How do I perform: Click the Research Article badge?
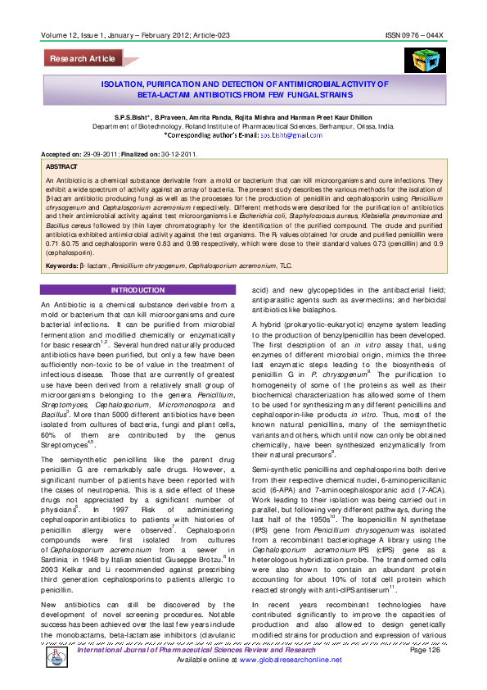[82, 59]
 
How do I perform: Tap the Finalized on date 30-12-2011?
[174, 154]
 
